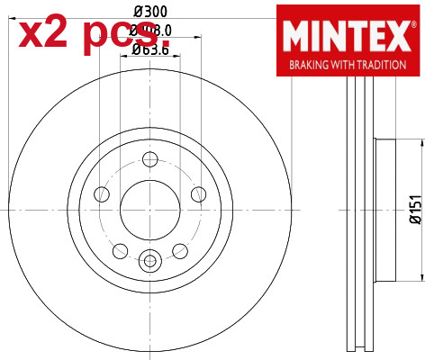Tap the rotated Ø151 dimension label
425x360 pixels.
pos(415,209)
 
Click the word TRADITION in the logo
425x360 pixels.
pos(380,66)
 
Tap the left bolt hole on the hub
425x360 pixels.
pos(101,193)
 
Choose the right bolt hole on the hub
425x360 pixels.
pos(196,193)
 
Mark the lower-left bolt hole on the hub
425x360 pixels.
pos(119,248)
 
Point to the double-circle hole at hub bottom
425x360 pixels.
pos(149,261)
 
